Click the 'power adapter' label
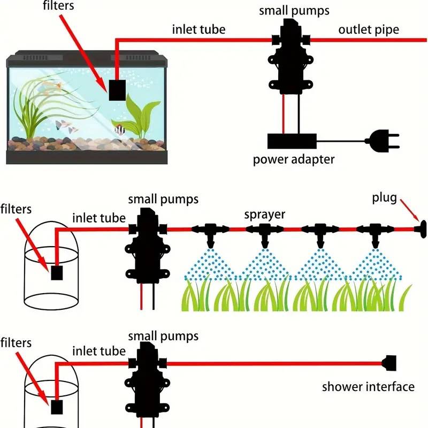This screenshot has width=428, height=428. (294, 159)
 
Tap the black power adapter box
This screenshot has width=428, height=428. (292, 141)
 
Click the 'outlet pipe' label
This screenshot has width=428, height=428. (369, 29)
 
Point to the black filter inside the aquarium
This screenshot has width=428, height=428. (117, 90)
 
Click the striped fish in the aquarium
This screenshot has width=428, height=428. (119, 129)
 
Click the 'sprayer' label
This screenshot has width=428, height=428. (265, 215)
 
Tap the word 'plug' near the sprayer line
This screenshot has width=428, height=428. (385, 198)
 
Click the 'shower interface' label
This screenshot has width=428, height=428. (368, 387)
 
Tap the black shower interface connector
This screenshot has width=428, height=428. (389, 363)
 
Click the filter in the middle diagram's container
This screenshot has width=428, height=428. (57, 273)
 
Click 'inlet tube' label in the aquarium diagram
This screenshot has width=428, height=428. (198, 29)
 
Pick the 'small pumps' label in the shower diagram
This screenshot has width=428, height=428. (163, 336)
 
